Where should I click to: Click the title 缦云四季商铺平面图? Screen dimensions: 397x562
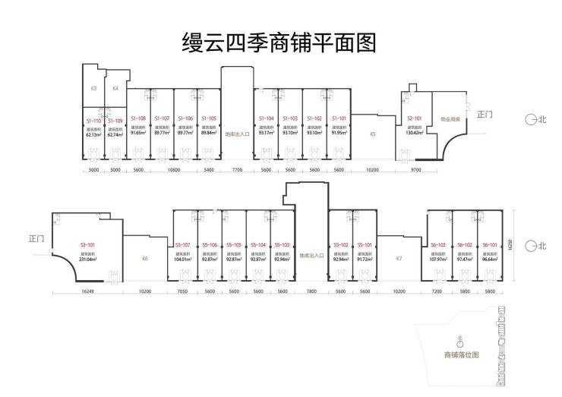[280, 40]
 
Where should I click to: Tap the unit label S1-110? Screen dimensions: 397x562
[94, 121]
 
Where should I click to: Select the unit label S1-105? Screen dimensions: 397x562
[209, 118]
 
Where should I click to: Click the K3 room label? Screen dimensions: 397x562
[93, 89]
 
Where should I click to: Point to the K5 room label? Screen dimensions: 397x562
[373, 134]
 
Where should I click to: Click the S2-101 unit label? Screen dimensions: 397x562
[415, 118]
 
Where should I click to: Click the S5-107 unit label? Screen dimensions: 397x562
[183, 245]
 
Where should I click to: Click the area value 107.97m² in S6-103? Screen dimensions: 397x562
[439, 260]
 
